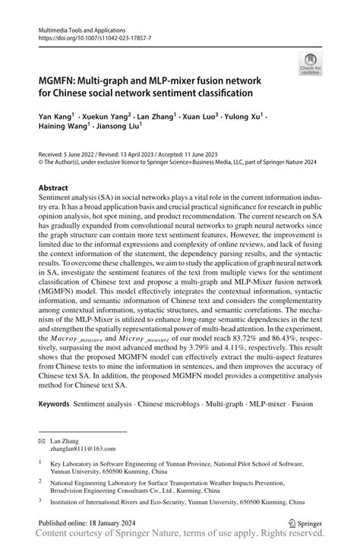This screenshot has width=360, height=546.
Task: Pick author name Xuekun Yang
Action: (x=105, y=118)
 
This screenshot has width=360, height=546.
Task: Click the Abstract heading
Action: (x=54, y=187)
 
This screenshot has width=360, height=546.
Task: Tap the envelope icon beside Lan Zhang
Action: (x=43, y=441)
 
